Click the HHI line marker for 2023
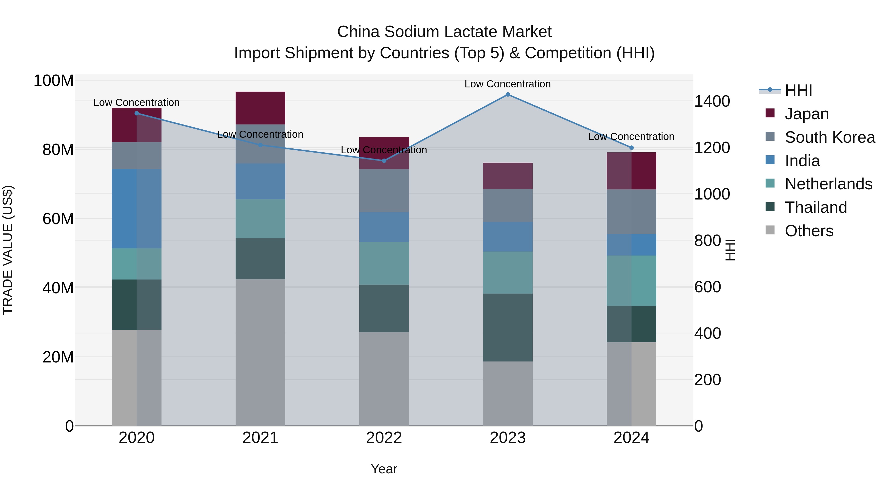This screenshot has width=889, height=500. click(x=508, y=95)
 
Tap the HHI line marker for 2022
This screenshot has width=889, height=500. click(x=384, y=161)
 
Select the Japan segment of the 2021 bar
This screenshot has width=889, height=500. click(x=260, y=108)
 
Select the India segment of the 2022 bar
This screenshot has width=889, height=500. click(x=384, y=227)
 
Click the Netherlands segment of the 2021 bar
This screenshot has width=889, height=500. click(x=260, y=219)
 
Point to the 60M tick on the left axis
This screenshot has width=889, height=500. click(x=58, y=219)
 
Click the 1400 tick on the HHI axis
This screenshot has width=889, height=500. click(x=712, y=101)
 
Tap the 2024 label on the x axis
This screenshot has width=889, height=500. click(x=631, y=438)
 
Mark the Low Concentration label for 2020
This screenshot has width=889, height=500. click(x=136, y=102)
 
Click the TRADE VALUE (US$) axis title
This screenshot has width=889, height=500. click(x=8, y=250)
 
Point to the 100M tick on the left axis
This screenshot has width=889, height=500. click(x=54, y=81)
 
